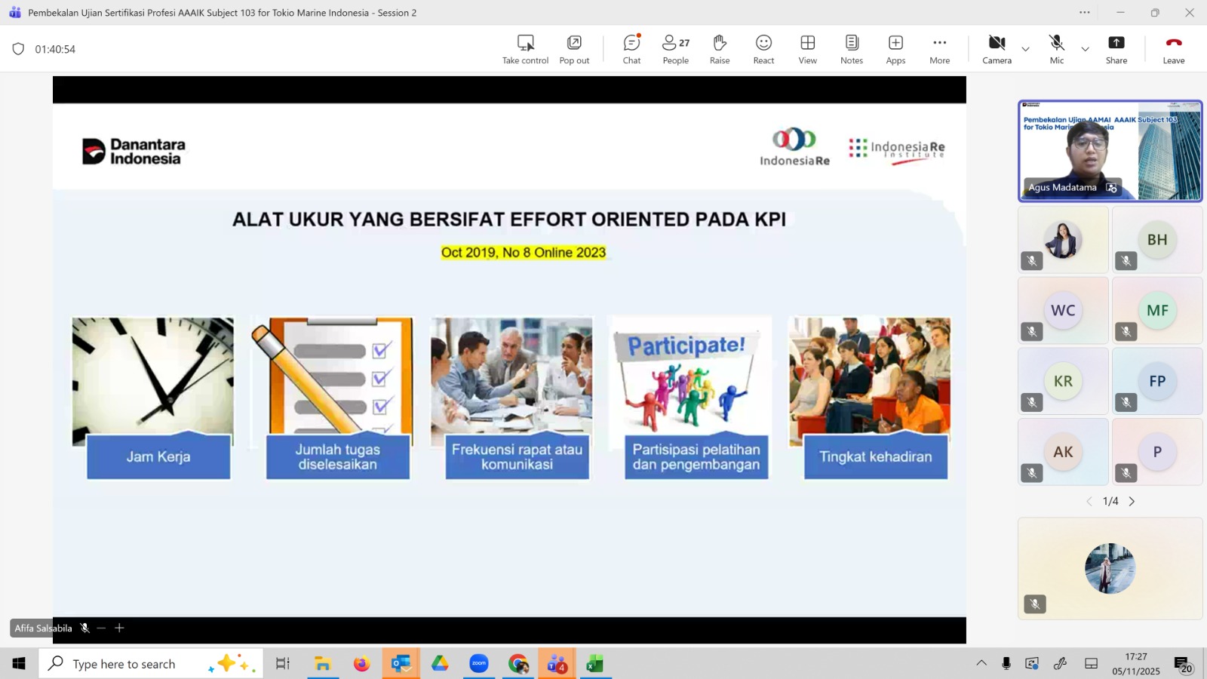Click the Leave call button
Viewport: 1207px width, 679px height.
pos(1173,49)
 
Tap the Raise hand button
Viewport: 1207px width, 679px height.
pos(720,49)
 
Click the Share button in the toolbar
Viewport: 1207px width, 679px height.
pos(1116,49)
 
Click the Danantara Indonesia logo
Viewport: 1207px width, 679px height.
pos(134,151)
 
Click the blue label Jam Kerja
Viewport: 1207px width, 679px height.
pos(158,456)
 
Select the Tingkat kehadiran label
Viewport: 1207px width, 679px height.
pos(876,456)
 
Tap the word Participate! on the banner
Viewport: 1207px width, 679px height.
pos(686,346)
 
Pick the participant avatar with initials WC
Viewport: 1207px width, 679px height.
pos(1063,310)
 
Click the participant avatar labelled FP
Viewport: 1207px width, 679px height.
pos(1157,381)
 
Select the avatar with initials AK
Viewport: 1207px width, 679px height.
pos(1063,452)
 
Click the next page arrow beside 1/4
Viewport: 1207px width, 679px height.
pos(1132,501)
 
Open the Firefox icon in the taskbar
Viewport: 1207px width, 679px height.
pos(361,663)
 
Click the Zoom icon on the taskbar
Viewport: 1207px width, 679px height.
pos(478,663)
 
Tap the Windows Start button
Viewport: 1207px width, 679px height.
pos(19,663)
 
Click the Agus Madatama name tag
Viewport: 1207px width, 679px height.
pos(1062,188)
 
